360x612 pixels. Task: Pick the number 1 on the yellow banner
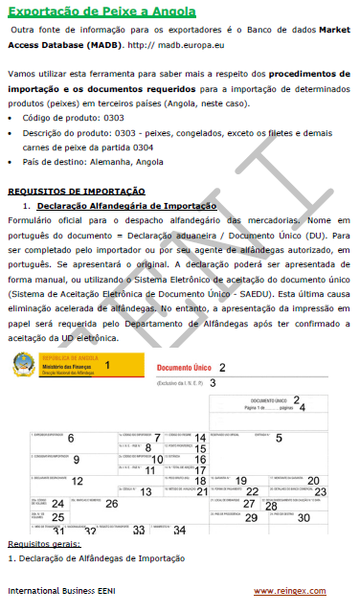107,365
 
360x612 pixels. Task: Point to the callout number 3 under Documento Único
213,383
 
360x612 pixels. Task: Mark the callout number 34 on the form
180,530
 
